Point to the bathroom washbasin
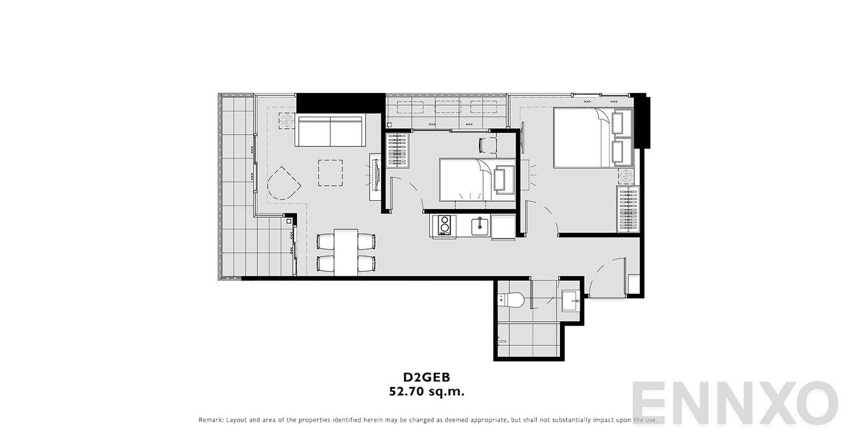[571, 301]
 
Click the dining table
[346, 252]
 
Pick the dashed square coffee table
[330, 173]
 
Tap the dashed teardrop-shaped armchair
[284, 183]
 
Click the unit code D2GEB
[427, 377]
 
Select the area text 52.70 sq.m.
[427, 392]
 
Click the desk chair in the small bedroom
[488, 145]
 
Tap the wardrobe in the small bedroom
[398, 150]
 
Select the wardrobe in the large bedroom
[628, 209]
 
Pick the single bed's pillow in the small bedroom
[504, 180]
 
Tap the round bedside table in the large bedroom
[626, 176]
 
